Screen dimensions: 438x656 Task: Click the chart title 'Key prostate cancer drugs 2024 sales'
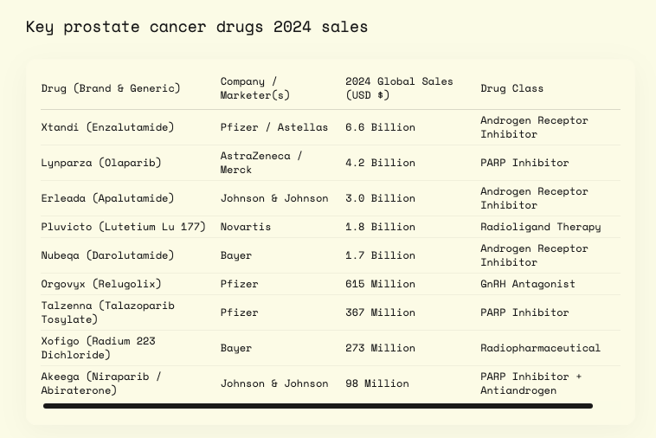tap(196, 27)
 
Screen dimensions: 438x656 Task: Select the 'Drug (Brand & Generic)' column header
tap(111, 88)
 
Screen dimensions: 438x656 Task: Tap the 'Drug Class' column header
tap(512, 88)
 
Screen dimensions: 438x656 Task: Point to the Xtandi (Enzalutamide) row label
tap(107, 127)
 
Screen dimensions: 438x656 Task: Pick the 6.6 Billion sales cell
tap(380, 127)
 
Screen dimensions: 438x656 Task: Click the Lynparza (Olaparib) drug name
tap(100, 163)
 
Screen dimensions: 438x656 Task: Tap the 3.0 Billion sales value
tap(380, 198)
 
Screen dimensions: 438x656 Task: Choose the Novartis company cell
tap(246, 227)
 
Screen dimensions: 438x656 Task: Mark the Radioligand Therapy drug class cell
tap(540, 227)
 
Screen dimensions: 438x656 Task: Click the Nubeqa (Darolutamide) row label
tap(107, 255)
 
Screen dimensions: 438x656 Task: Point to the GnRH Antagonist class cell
tap(527, 284)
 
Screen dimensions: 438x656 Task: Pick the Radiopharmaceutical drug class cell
tap(540, 348)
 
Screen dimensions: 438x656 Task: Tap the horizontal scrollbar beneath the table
tap(318, 405)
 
